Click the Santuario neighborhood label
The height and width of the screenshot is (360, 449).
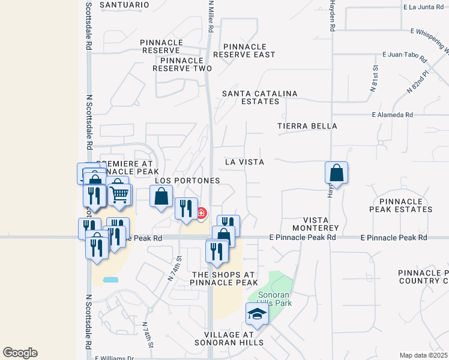click(124, 5)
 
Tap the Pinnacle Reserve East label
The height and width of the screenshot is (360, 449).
click(249, 50)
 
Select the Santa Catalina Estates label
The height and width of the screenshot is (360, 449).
click(251, 97)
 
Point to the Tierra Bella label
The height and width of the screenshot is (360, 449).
click(307, 126)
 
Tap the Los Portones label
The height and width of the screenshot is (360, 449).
click(187, 180)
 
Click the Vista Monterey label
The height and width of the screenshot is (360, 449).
click(316, 224)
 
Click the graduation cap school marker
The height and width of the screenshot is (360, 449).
click(258, 314)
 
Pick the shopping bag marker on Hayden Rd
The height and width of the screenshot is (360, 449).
click(337, 173)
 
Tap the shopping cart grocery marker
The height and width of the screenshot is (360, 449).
click(120, 194)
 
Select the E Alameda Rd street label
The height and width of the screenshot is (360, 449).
click(393, 115)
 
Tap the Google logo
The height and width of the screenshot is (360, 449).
click(20, 352)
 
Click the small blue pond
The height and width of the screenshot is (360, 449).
click(110, 280)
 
